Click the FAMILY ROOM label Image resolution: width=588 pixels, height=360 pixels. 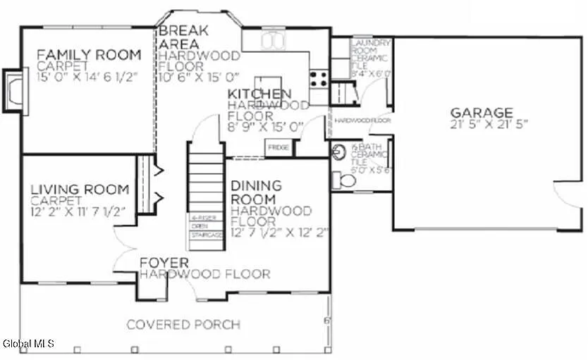[x=89, y=54]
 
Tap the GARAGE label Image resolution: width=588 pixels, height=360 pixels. [x=482, y=112]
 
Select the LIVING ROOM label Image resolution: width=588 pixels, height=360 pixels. [x=80, y=189]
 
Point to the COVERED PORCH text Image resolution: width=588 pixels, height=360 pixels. [x=183, y=325]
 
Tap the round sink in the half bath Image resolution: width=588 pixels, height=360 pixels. [x=339, y=151]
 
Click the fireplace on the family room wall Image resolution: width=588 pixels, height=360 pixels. [x=14, y=89]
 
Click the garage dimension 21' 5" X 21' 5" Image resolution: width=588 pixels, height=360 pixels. [x=487, y=124]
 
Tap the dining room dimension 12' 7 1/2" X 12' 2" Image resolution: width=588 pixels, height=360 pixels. [x=280, y=230]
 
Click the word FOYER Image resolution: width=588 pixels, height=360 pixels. [x=164, y=263]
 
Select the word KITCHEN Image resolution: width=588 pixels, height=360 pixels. [x=259, y=94]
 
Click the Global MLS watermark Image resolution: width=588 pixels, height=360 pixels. [x=28, y=344]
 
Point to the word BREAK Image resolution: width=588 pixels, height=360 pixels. [x=182, y=31]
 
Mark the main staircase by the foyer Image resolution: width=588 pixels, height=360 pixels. [x=206, y=194]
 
